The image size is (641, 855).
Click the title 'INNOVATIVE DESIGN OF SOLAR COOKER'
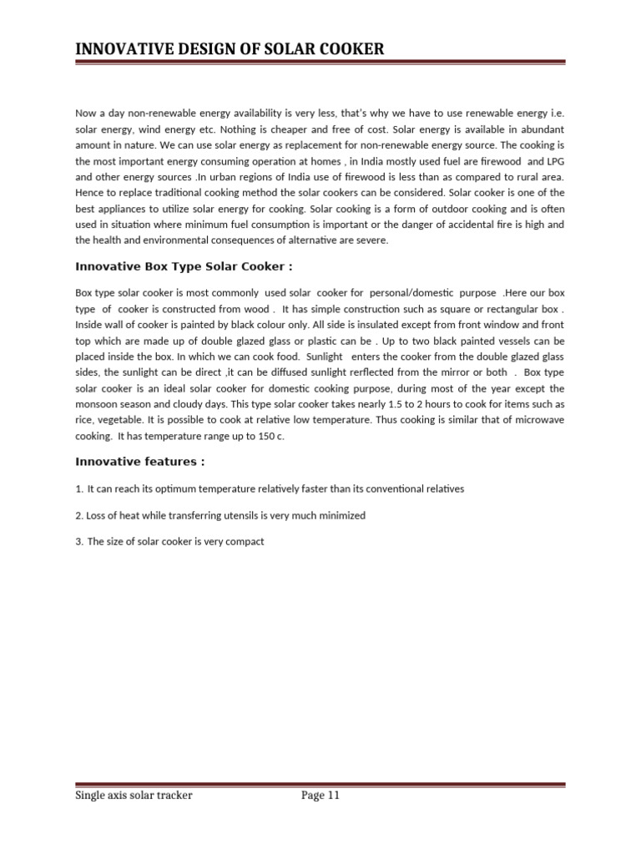230,49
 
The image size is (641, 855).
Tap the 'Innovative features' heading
139,461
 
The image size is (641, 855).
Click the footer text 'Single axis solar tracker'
134,796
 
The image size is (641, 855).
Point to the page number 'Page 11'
320,796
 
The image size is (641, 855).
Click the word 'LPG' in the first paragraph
557,161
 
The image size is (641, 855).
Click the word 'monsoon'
95,405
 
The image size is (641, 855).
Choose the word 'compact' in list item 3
245,542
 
